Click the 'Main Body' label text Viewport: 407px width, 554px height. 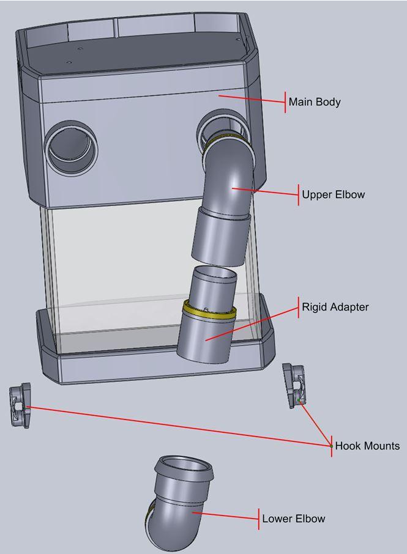(x=314, y=102)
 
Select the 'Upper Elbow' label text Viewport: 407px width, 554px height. (x=333, y=195)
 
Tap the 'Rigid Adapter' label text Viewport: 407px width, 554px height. (x=335, y=307)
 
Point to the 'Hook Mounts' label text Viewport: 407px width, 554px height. (x=367, y=446)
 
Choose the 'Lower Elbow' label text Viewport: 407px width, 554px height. (x=293, y=519)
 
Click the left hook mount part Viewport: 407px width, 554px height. (x=20, y=406)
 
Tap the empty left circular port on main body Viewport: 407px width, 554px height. (x=72, y=146)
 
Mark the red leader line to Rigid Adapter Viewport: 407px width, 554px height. (x=251, y=323)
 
